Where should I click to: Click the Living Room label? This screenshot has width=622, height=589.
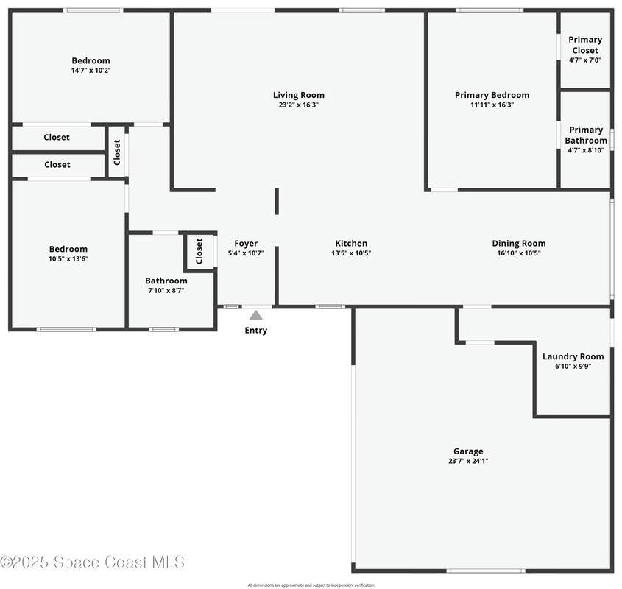click(x=298, y=95)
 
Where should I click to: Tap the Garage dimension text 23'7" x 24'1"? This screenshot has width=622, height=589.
click(x=468, y=461)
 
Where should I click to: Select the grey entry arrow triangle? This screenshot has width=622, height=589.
click(x=255, y=314)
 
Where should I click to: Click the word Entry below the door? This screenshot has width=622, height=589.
click(x=255, y=331)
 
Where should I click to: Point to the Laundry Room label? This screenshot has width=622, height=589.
click(x=573, y=356)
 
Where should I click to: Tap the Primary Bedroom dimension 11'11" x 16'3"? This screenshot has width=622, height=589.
click(x=492, y=105)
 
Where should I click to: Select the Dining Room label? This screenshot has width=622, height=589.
click(x=519, y=244)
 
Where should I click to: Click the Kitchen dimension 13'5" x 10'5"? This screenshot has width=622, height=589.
click(x=351, y=253)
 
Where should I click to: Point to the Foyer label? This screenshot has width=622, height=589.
click(x=246, y=244)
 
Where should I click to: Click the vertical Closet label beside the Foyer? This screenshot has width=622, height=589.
click(x=199, y=251)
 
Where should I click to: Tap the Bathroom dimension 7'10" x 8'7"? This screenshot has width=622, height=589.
click(x=166, y=290)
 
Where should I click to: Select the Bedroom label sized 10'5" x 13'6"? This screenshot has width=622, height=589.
click(x=68, y=249)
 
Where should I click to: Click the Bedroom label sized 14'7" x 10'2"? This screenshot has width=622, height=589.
click(x=91, y=60)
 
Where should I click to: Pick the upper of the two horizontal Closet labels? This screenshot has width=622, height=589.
click(x=57, y=137)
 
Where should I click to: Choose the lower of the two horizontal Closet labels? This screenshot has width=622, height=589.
click(x=57, y=165)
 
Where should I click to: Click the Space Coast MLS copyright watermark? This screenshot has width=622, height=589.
click(x=93, y=562)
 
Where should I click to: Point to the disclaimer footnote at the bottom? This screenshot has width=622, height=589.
click(x=311, y=585)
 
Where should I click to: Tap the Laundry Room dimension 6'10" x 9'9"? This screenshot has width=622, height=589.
click(x=573, y=366)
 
